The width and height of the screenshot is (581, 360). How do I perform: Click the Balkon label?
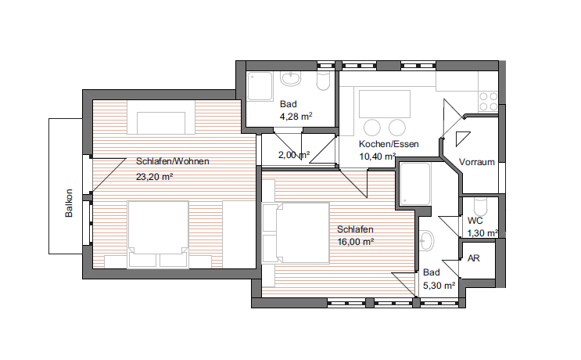pos(69,203)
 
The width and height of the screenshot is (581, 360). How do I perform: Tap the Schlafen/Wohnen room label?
pos(173,161)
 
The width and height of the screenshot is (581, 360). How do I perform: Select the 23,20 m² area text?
pos(154,176)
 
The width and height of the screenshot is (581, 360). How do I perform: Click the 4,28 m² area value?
pos(296,117)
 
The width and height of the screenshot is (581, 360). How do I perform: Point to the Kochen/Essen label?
pos(389,144)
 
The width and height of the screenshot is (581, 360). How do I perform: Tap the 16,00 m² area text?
pos(355,242)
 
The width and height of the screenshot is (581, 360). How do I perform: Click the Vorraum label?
pos(477,162)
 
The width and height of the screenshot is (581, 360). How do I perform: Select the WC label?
pos(475,221)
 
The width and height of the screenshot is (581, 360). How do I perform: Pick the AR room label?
pos(474,258)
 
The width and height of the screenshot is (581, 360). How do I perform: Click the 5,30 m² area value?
pos(439,286)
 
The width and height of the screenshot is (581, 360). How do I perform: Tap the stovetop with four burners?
pos(489,102)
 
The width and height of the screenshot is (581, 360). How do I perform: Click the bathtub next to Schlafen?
pos(415,184)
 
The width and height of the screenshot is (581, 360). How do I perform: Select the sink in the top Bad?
pos(291,78)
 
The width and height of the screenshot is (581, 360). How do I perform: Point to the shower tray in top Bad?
pos(260,86)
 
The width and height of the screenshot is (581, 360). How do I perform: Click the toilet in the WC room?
pos(480,207)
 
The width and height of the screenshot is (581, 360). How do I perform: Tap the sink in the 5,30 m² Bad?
pos(426,240)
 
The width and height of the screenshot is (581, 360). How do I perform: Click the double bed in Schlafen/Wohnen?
pos(158,234)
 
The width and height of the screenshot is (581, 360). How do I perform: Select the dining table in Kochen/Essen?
pos(385,104)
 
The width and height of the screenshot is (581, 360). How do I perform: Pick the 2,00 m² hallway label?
pos(294,155)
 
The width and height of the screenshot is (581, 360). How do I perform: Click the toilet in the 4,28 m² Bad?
pos(324,81)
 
